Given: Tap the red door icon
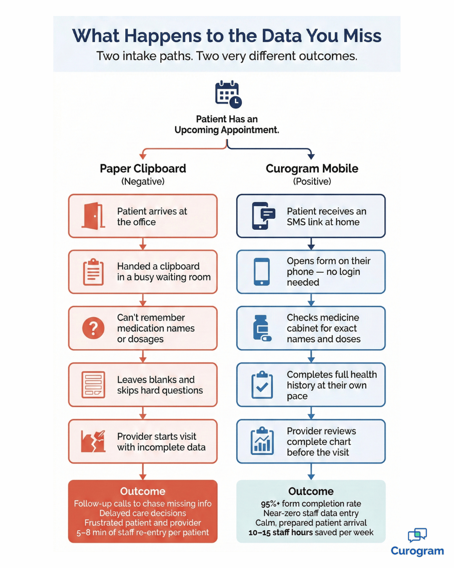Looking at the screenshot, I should coord(93,216).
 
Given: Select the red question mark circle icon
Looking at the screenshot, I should coord(93,328).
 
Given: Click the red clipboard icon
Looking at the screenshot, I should coord(93,272).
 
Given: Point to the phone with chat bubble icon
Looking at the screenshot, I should coord(263,216).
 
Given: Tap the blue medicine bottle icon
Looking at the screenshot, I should coord(262,328).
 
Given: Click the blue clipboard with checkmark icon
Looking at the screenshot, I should coord(262,385).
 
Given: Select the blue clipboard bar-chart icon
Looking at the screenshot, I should coord(262,441).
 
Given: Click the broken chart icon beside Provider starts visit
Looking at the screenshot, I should coord(93,441).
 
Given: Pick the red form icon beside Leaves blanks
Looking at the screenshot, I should coord(93,385).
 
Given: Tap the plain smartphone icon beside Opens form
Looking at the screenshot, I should coord(262,272).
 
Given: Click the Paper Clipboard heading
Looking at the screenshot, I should coord(143,169).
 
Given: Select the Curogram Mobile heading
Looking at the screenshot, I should coord(312,169).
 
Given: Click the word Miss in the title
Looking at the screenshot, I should coord(362,36).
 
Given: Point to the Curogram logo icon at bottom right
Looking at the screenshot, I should coord(417,535).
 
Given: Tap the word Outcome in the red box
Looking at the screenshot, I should coord(143,491).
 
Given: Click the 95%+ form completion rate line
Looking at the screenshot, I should coord(311,504).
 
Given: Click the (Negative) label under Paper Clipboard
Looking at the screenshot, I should coord(143,182).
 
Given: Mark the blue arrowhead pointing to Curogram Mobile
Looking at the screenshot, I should coord(311,156).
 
